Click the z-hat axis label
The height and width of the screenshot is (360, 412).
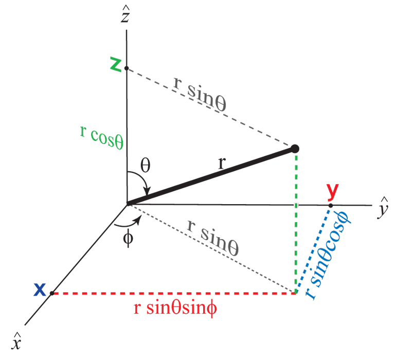tap(126, 15)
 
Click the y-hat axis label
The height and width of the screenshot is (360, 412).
tap(383, 208)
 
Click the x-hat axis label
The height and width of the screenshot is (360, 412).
tap(16, 341)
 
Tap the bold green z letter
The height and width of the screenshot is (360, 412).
tap(116, 64)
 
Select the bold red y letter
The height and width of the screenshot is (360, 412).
tap(332, 192)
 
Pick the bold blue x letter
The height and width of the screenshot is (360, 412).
tap(40, 290)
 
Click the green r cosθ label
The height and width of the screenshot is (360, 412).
tap(102, 137)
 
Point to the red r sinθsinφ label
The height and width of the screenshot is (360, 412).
tap(175, 308)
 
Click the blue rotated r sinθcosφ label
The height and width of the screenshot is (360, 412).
tap(328, 255)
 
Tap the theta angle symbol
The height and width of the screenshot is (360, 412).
tap(145, 165)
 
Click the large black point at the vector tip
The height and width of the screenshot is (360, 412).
tap(295, 149)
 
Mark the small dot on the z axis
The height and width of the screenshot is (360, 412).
tap(127, 68)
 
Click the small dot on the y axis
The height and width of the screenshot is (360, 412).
tap(331, 206)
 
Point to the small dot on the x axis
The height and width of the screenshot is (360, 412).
tap(52, 293)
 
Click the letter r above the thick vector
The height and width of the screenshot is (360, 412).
tap(222, 163)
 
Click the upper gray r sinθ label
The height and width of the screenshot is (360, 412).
tap(200, 94)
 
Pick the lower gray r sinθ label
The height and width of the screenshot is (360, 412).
tap(212, 238)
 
